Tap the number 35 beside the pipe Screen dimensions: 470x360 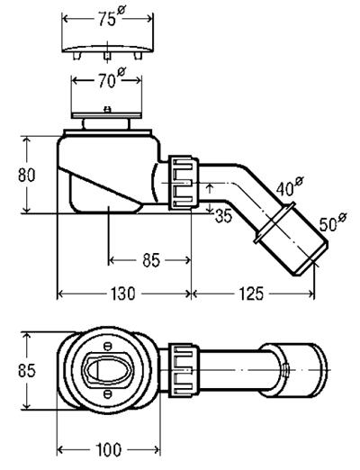(x=223, y=214)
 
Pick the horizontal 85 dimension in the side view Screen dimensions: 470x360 (x=149, y=260)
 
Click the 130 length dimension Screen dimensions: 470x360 (x=123, y=294)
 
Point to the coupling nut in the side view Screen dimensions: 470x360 (x=183, y=183)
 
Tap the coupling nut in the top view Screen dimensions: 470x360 (x=183, y=368)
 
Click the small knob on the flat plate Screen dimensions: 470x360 (x=109, y=111)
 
